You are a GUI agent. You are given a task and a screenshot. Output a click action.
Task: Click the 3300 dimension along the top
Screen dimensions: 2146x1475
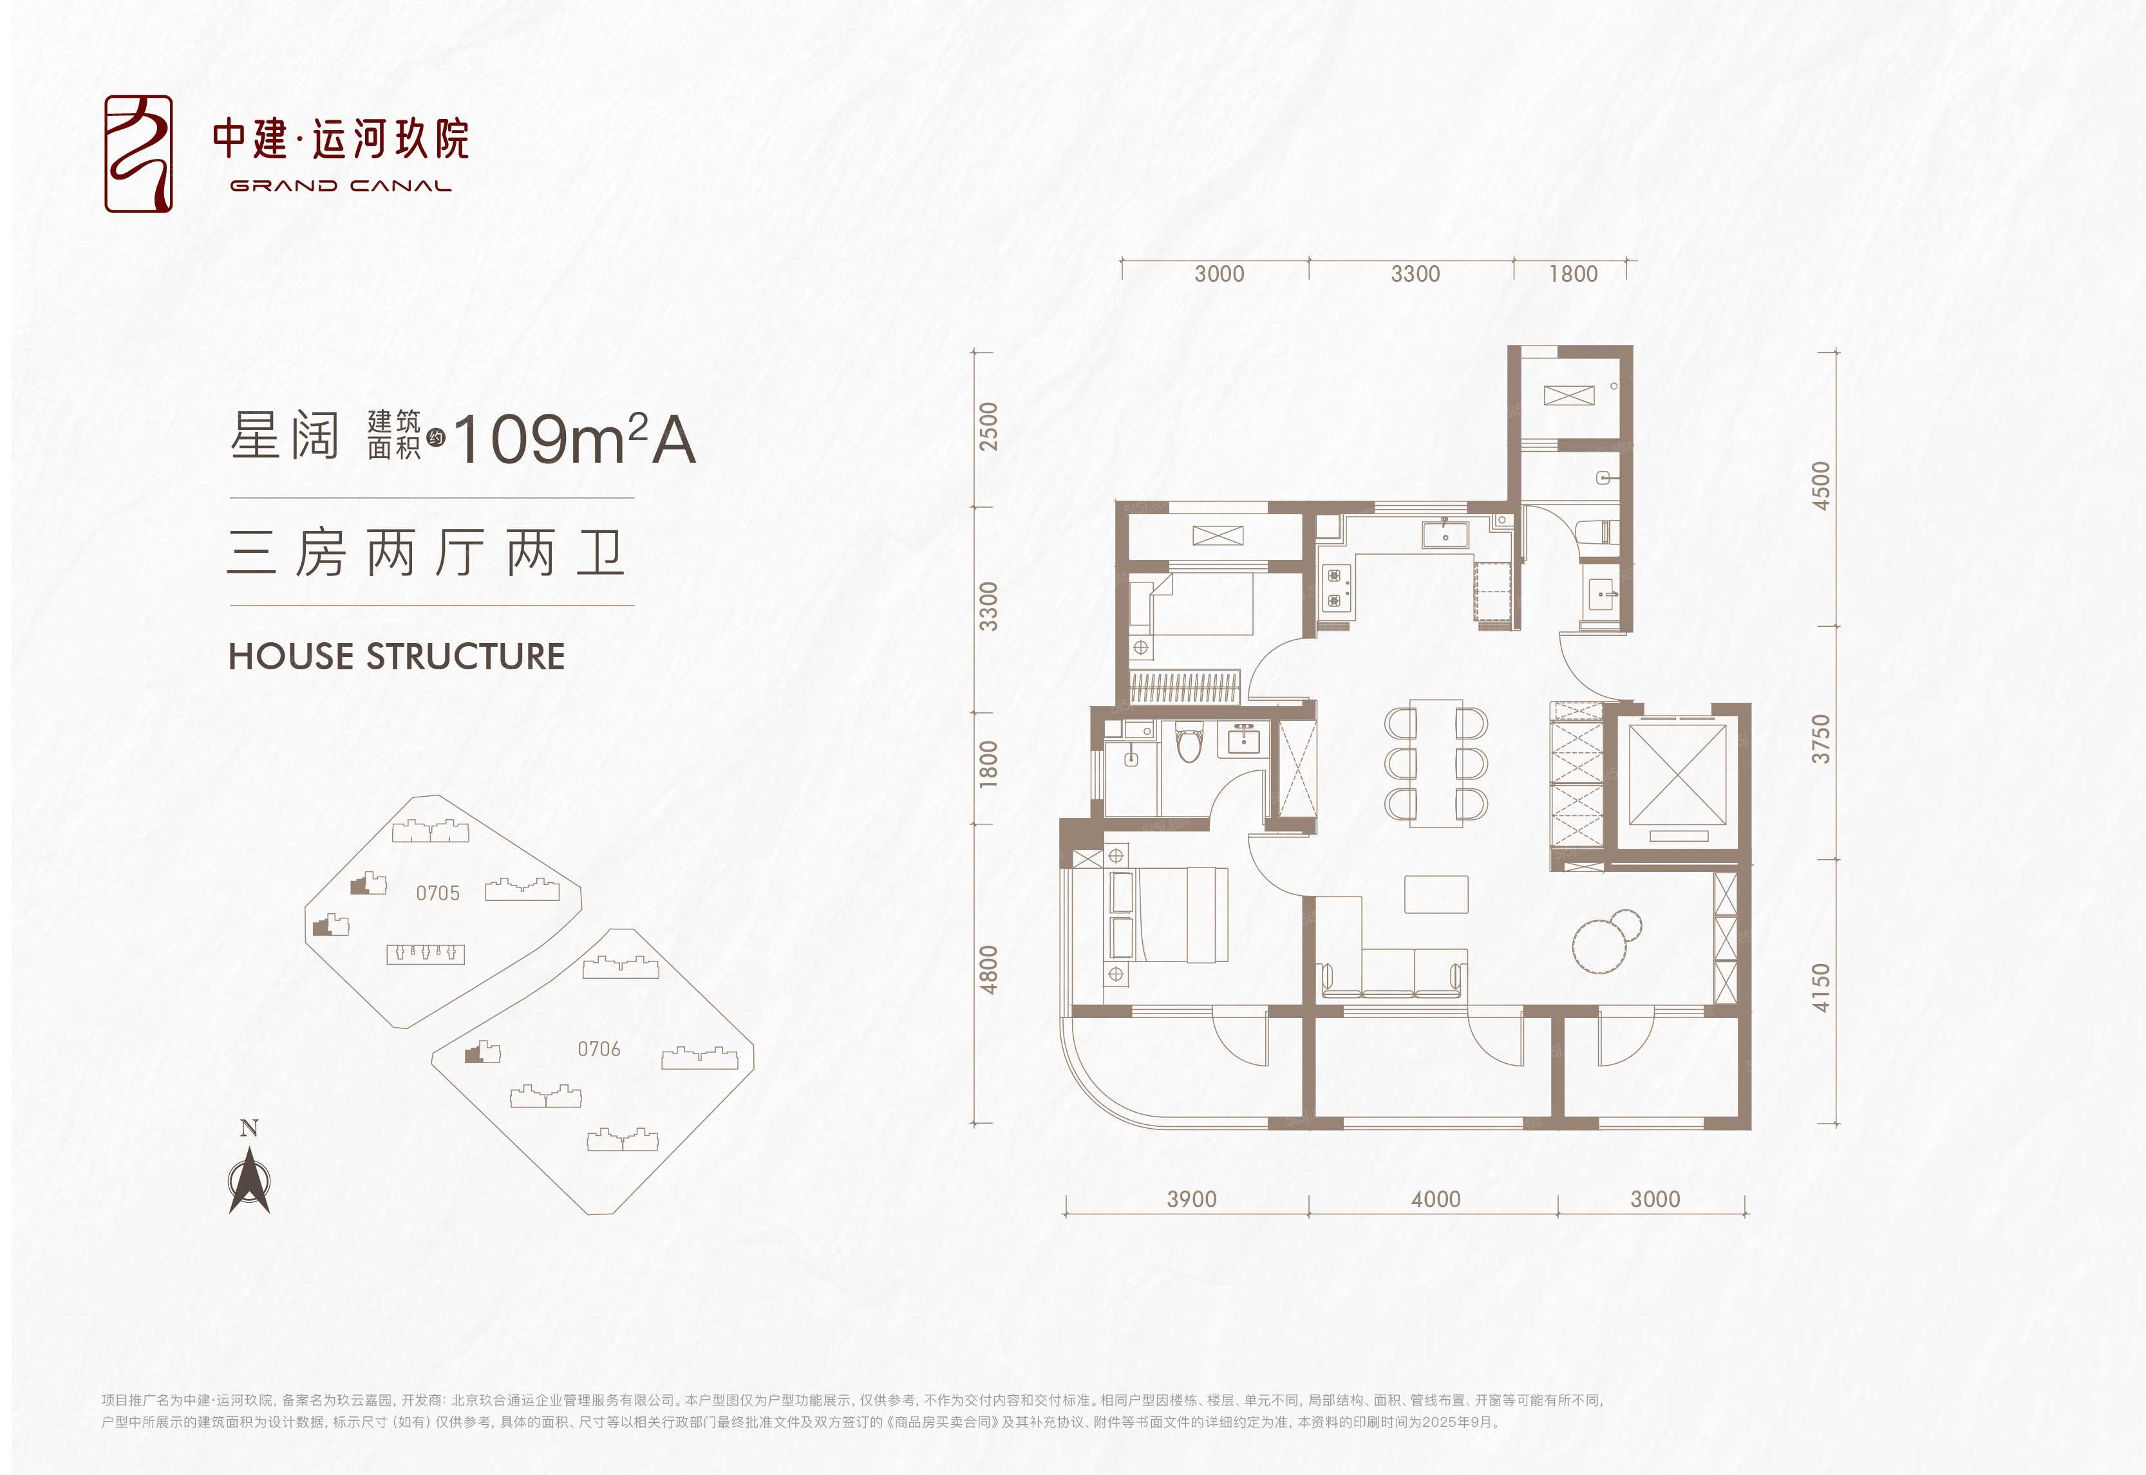1415,274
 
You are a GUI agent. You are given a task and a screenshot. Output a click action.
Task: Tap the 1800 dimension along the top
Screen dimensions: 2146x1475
1573,274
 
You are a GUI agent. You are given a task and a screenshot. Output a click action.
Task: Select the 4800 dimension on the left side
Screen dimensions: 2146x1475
988,969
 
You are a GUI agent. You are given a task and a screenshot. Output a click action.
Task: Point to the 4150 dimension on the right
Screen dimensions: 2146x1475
1821,987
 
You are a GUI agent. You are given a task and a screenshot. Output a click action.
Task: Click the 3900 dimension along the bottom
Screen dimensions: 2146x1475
1191,1199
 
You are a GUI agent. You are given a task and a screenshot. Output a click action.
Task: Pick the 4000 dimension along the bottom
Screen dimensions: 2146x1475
1435,1199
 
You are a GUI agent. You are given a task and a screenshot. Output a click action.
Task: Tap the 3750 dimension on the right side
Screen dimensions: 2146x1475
1821,738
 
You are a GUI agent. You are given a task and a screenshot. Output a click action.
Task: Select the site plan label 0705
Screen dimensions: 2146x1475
437,893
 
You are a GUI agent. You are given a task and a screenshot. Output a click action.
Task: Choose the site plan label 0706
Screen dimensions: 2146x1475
599,1049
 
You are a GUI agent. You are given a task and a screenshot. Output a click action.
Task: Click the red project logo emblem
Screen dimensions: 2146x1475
138,153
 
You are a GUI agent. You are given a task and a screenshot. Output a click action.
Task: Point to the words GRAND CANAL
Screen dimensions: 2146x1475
340,186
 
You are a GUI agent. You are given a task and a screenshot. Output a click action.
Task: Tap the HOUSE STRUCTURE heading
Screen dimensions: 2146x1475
397,656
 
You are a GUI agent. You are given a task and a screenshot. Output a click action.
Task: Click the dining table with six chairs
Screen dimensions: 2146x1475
1436,763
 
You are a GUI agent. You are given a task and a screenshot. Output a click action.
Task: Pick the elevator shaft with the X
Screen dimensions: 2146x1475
1677,774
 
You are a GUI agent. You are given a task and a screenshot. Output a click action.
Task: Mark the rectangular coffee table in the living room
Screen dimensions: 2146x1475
1436,894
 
